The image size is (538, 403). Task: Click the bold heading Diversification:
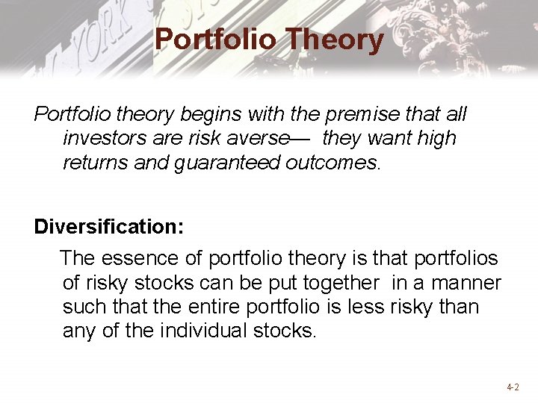click(108, 227)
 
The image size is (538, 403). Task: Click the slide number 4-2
click(513, 387)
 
